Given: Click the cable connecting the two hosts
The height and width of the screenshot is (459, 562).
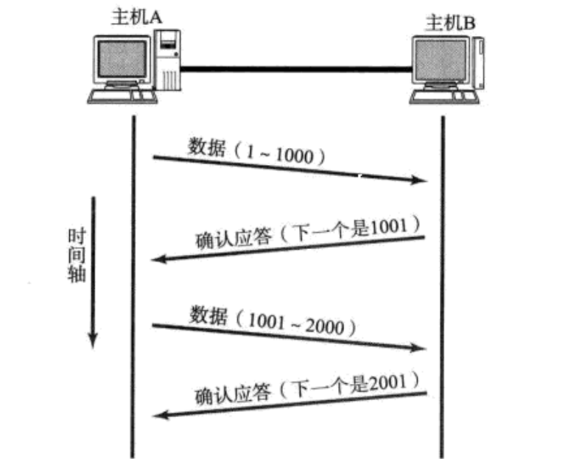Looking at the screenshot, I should [x=295, y=69].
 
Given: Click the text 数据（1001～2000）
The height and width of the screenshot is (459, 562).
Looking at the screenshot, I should [x=274, y=318].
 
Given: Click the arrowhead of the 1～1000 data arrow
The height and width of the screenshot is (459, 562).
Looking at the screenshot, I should [x=423, y=181].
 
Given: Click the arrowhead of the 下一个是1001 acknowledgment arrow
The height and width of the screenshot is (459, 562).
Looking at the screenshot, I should [x=156, y=259].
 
